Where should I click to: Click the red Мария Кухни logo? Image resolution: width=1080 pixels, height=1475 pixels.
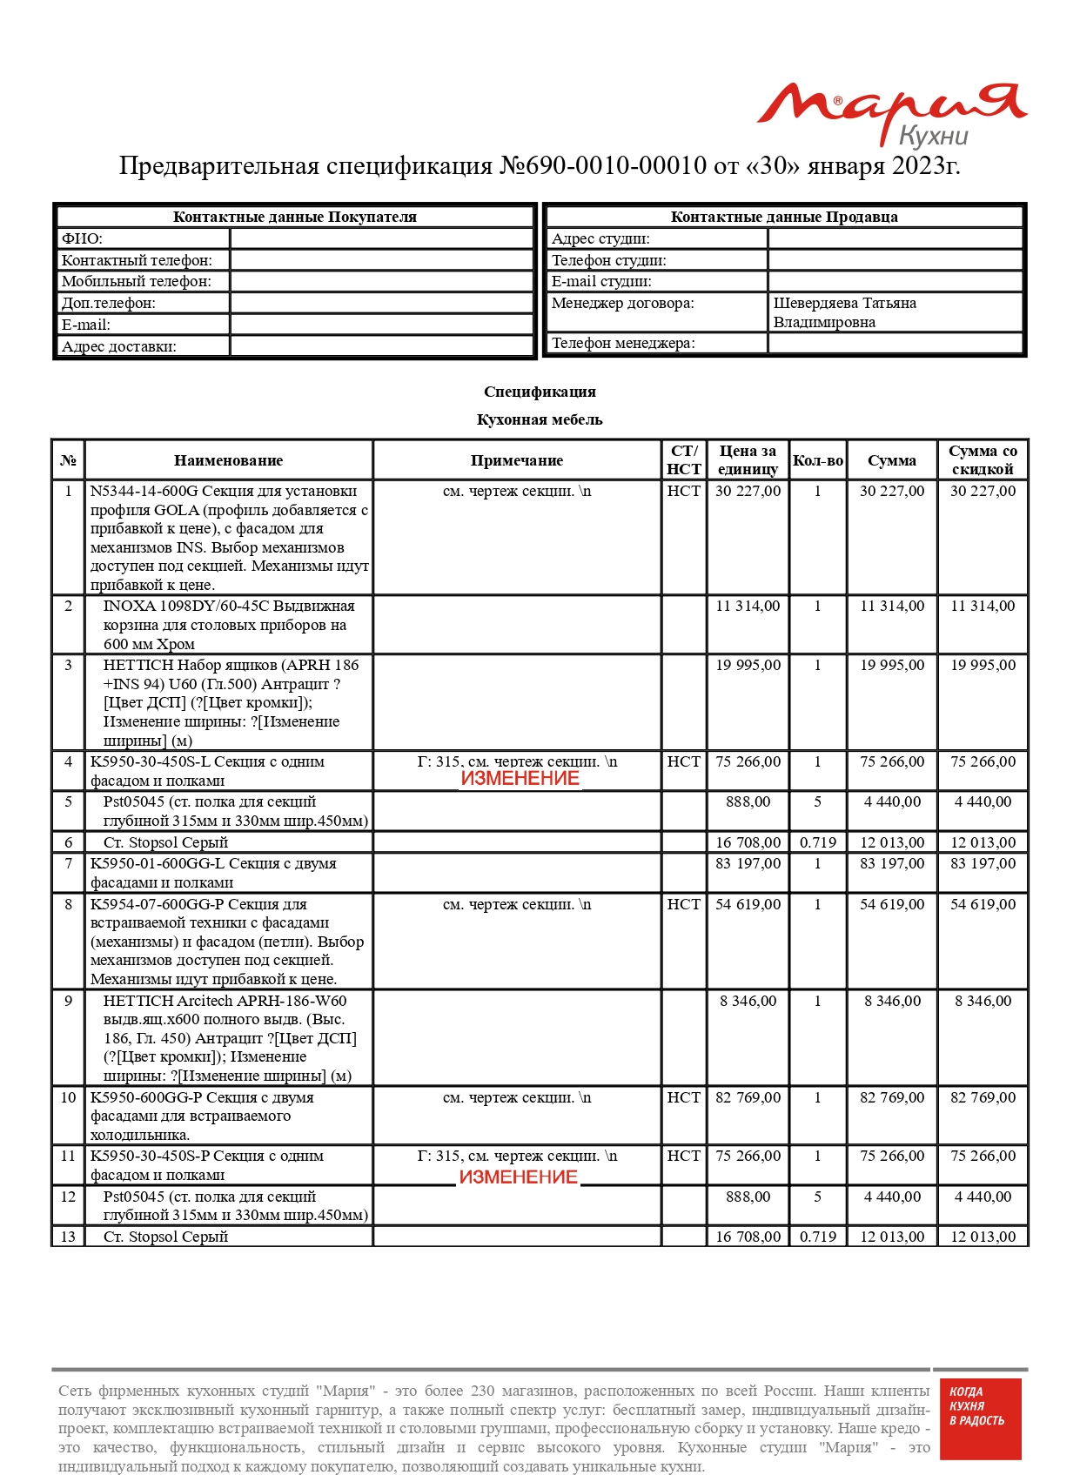[891, 113]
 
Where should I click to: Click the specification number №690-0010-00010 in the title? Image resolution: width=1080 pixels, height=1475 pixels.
[602, 165]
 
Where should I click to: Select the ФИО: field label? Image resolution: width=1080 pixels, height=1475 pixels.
[82, 238]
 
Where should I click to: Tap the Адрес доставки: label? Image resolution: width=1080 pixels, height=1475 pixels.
[118, 346]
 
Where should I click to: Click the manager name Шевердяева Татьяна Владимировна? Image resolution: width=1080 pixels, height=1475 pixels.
[844, 312]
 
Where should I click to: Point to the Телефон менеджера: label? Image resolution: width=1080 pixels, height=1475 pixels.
[623, 343]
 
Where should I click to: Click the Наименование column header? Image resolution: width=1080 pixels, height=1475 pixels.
[228, 460]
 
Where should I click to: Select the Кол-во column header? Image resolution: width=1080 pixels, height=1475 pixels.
[817, 460]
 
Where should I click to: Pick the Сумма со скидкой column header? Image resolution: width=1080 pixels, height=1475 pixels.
[983, 460]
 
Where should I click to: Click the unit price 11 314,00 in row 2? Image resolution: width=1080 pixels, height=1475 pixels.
[748, 607]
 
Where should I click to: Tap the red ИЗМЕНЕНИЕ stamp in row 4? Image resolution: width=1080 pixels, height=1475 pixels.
[520, 779]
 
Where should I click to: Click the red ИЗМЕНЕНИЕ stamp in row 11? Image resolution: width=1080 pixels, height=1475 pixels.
[519, 1177]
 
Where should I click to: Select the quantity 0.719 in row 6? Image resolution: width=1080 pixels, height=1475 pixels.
[817, 842]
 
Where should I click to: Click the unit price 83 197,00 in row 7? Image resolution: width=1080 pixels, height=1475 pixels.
[748, 864]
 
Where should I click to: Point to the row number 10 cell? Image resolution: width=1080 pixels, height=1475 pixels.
[68, 1098]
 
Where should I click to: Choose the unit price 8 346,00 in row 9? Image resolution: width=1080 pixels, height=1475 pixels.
[748, 1002]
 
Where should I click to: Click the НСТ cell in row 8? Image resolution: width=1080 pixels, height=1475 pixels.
[683, 905]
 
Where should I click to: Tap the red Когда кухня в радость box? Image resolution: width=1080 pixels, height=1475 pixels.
[980, 1418]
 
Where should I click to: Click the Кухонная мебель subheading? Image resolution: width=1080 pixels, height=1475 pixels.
[540, 419]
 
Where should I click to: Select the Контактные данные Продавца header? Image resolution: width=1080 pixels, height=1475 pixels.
[783, 217]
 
